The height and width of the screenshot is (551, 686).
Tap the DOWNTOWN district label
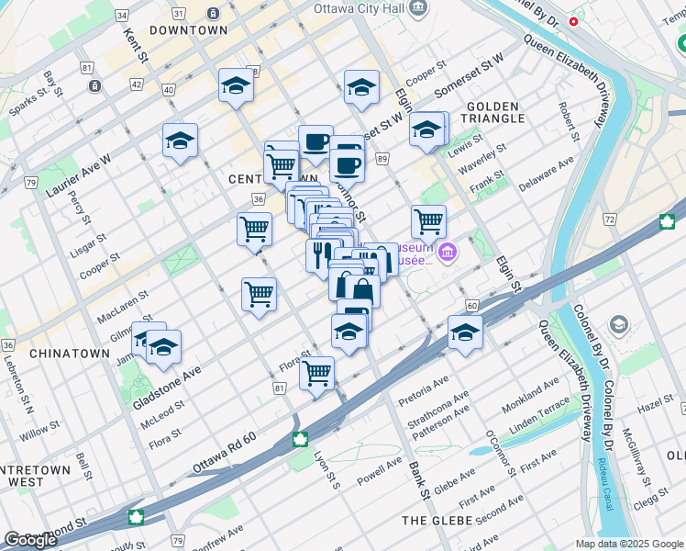click(x=188, y=30)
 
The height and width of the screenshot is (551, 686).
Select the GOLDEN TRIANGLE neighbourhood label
click(x=495, y=112)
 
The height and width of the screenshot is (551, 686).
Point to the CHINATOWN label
click(x=64, y=353)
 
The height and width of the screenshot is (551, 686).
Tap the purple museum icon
click(x=448, y=253)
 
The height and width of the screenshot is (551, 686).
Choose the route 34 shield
click(x=122, y=16)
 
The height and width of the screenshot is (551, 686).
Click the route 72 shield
click(x=608, y=219)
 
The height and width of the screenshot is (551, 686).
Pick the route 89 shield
click(x=381, y=160)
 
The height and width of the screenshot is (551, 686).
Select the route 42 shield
click(x=136, y=84)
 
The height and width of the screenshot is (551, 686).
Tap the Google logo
click(x=31, y=540)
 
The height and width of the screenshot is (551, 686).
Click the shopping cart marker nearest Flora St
click(x=317, y=372)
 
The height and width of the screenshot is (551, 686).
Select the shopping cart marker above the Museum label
click(x=428, y=220)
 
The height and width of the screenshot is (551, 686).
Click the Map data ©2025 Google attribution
click(x=628, y=544)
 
